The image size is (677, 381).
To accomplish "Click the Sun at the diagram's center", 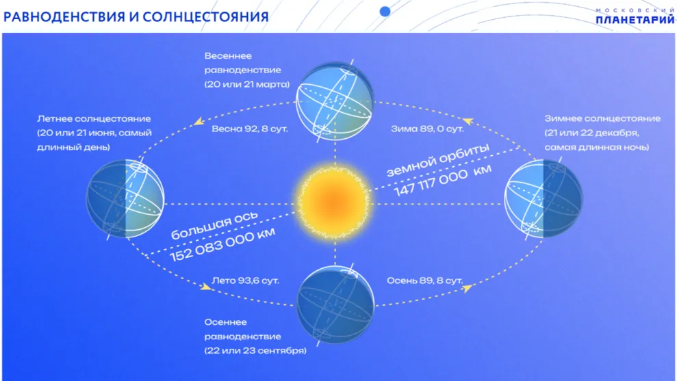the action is [x=334, y=202].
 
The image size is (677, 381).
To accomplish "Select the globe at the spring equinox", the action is [x=334, y=101].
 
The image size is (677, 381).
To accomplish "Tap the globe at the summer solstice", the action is [x=125, y=198].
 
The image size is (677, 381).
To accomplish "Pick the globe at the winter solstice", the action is [x=543, y=198].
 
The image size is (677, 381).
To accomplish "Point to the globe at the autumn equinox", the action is [x=335, y=304].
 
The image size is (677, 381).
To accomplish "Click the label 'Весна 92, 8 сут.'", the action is [x=250, y=129].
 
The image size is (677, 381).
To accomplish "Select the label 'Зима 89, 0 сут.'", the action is [x=427, y=129].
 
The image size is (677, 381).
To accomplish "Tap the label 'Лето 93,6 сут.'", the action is [x=245, y=280].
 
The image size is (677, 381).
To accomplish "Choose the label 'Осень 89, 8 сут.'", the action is [x=424, y=280].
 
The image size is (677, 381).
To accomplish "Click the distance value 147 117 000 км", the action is [x=443, y=180].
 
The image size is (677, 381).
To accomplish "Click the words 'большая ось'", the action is [x=214, y=225].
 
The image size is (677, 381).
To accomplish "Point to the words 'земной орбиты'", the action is [x=438, y=160].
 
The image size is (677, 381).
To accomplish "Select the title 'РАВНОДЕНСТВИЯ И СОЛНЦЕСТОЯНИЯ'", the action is [x=136, y=17].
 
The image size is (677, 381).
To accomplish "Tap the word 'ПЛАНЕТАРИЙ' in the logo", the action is [x=635, y=19].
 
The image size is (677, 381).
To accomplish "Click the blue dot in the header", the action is [x=385, y=12].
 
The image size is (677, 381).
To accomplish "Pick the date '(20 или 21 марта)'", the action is [x=247, y=84].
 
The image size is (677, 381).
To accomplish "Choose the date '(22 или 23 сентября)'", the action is [x=255, y=350].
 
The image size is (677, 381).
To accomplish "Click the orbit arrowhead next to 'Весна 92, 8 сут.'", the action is [x=199, y=121].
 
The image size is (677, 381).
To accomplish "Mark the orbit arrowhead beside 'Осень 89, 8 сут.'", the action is [x=467, y=288].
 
